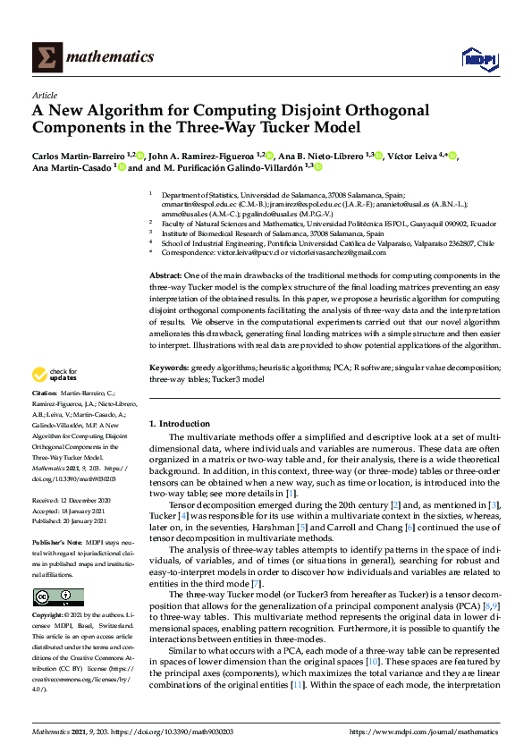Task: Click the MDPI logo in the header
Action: [x=478, y=58]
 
